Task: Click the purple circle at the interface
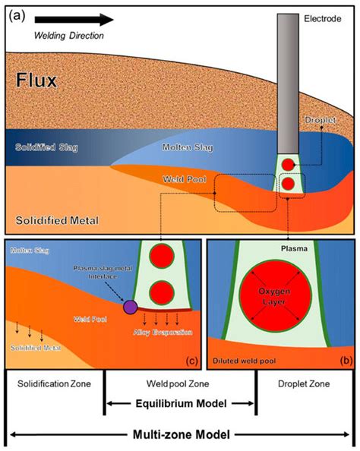click(x=131, y=307)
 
